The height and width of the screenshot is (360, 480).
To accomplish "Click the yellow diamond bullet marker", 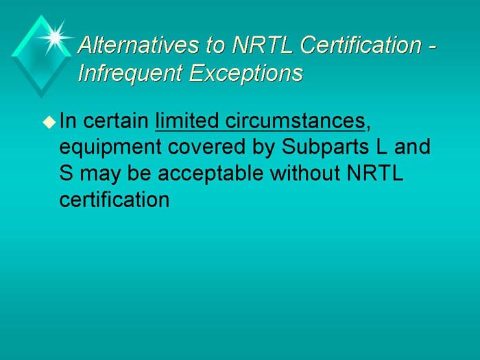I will point(48,122).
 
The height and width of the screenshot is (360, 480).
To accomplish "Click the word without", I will point(304,173).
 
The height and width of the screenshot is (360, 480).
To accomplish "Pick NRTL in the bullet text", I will point(376,173).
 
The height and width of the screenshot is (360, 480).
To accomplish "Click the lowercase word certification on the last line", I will point(114,200).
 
